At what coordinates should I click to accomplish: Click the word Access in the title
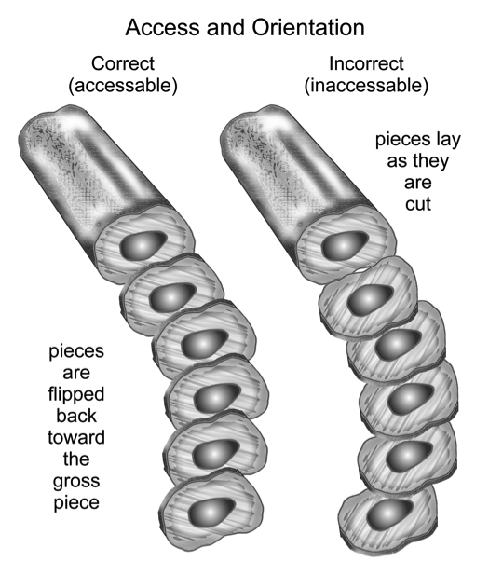[164, 27]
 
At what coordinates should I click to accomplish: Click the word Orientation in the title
[308, 27]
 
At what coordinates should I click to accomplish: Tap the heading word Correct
[123, 63]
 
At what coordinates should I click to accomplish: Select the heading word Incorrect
[366, 63]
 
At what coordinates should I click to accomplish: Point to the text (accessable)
[123, 85]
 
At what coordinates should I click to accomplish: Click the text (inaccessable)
[366, 85]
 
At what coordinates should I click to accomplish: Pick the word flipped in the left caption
[76, 395]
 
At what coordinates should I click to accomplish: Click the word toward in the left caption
[76, 437]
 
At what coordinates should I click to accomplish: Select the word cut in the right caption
[418, 204]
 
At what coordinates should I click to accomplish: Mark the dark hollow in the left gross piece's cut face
[143, 243]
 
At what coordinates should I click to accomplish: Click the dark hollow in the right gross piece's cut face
[344, 244]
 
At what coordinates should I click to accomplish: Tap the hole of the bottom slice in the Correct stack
[211, 511]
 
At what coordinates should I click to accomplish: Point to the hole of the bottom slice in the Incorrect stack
[389, 513]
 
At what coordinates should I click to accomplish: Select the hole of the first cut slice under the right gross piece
[370, 300]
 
